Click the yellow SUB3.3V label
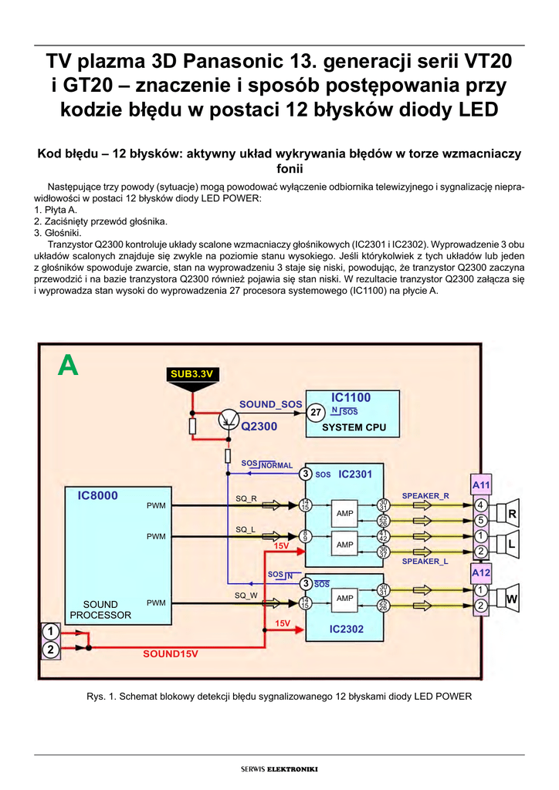pos(191,374)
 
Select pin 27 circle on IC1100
pos(316,413)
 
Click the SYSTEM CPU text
pos(354,427)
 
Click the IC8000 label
pos(98,496)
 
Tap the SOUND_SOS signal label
pos(270,404)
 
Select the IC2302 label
pos(346,629)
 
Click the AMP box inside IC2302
pos(344,599)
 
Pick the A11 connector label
pos(481,485)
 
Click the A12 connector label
pos(481,573)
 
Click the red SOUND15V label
pos(171,653)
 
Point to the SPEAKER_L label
pos(425,562)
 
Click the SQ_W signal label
pos(246,595)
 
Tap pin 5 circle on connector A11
pos(480,520)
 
